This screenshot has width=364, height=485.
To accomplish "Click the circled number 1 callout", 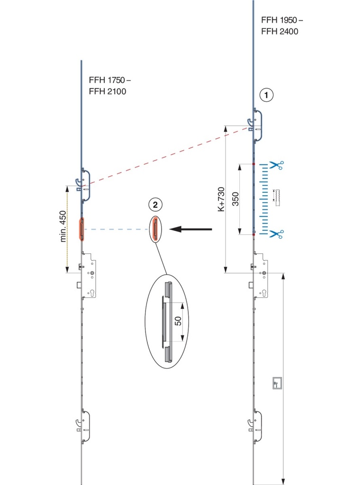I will point(267,95).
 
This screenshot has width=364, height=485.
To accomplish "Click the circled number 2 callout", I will point(155,205).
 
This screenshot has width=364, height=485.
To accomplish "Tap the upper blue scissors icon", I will point(276,165).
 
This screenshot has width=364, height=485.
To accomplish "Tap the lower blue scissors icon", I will point(276,234).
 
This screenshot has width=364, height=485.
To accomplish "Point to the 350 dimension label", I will point(236,199).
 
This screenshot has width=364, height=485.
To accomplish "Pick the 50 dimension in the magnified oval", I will point(178,321).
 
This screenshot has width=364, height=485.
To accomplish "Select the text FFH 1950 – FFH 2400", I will point(282,26).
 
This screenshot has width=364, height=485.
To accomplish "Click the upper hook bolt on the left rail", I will point(80,182).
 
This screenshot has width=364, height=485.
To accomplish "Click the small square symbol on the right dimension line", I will point(276,383).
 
